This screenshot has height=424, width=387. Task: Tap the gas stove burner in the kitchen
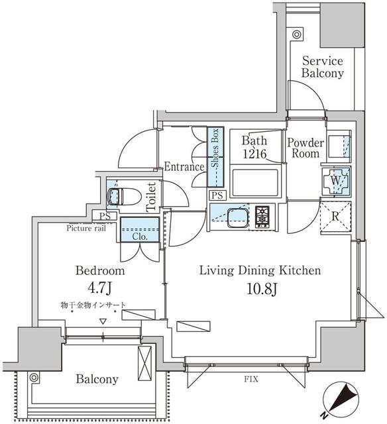click(262, 215)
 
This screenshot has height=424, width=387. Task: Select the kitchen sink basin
click(238, 218)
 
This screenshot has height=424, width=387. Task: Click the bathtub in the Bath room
click(255, 183)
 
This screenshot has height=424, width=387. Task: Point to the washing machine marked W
click(335, 181)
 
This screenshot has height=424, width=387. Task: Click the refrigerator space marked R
click(335, 217)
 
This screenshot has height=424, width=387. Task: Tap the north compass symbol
click(341, 401)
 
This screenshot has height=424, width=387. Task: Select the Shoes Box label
click(215, 148)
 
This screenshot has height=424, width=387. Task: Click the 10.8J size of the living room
click(262, 289)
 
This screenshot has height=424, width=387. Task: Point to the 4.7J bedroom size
click(99, 288)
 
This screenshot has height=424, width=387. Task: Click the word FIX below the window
click(251, 379)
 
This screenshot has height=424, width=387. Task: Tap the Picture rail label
click(86, 228)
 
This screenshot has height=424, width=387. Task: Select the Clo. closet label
click(140, 237)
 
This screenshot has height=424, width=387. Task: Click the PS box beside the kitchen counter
click(217, 195)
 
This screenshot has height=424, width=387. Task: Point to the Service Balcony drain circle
click(297, 34)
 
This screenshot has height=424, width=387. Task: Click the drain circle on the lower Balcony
click(34, 377)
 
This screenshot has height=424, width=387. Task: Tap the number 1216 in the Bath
click(254, 154)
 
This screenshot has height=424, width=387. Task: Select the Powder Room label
click(305, 148)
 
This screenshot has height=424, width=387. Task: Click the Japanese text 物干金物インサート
click(93, 305)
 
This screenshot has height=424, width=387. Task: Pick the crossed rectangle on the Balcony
click(144, 363)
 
